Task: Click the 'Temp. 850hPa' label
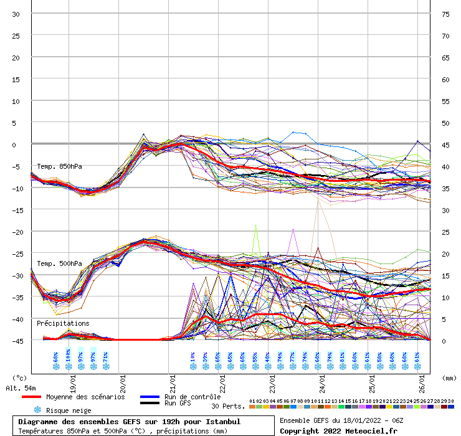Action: tap(59, 166)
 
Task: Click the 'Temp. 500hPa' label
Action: tap(59, 263)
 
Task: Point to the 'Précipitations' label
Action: tap(63, 323)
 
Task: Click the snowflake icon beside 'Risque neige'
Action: tap(37, 410)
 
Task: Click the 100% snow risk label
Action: tap(68, 357)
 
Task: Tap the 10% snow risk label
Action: tap(192, 357)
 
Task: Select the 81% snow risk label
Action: tap(342, 357)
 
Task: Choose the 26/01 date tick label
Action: tap(422, 377)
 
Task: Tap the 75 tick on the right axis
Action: tap(445, 14)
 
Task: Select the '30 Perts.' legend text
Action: tap(228, 406)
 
